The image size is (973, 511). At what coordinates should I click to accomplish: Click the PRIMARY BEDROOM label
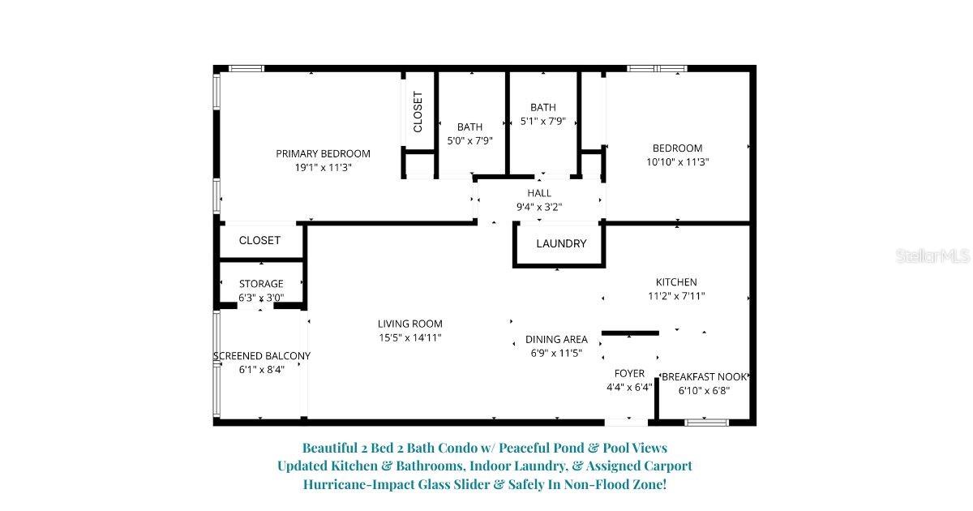coord(323,153)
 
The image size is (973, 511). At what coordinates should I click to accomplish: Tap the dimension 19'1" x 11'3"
coord(323,167)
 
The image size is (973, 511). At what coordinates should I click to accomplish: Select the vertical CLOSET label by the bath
coord(418,112)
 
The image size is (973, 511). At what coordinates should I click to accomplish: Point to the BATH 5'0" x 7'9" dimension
coord(470,140)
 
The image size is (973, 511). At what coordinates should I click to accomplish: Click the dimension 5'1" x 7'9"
coord(543,121)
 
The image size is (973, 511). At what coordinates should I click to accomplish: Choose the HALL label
coord(539,193)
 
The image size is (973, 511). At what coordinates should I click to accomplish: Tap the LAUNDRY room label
coord(561,243)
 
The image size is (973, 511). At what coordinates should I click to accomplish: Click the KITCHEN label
coord(676,282)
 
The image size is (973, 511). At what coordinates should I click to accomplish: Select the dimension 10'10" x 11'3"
coord(678,161)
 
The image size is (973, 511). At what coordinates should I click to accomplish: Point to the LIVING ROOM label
coord(410,324)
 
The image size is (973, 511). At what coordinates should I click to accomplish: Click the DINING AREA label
coord(556,339)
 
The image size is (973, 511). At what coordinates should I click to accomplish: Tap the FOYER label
coord(629,373)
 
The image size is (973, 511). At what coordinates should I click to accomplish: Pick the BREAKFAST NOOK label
coord(705,376)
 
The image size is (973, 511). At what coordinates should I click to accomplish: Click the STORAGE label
coord(261,284)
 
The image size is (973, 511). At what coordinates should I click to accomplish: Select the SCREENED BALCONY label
coord(262,356)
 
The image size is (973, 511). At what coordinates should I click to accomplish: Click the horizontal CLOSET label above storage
coord(260,240)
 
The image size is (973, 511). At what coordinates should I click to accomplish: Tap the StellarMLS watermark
coord(932,256)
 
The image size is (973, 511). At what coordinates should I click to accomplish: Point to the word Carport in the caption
coord(665,466)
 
